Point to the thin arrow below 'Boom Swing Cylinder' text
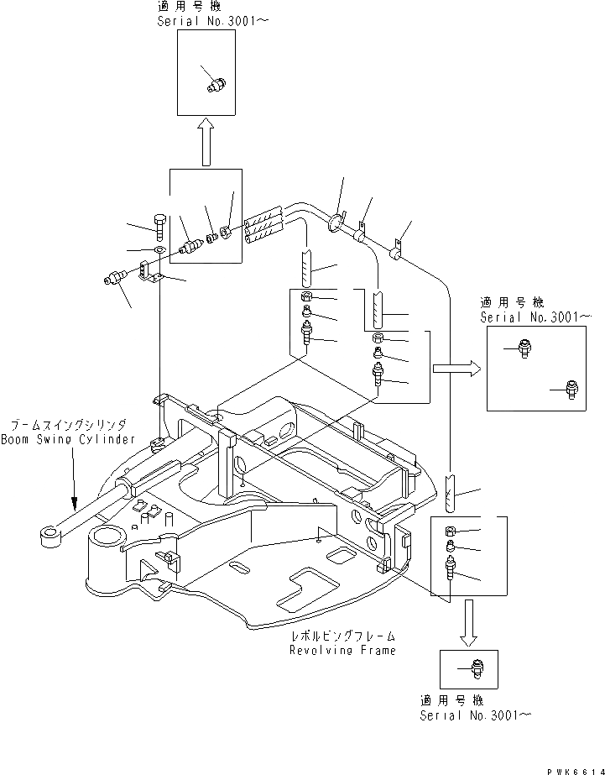(74, 479)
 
